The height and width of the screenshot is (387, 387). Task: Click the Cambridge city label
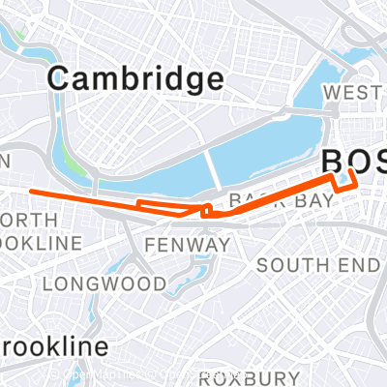(x=135, y=78)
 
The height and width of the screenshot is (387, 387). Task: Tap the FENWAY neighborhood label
(x=187, y=246)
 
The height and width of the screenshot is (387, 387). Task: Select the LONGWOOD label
(x=104, y=283)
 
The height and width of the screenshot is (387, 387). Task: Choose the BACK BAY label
(x=281, y=200)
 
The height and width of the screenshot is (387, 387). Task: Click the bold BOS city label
(x=354, y=160)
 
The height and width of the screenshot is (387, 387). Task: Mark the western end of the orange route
(x=33, y=192)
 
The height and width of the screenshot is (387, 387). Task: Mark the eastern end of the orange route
(x=350, y=171)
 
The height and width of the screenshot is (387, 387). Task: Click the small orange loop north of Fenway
(x=206, y=209)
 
